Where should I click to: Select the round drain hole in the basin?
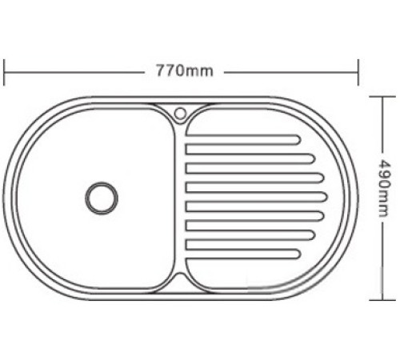point(102,197)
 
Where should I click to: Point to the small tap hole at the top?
point(181,112)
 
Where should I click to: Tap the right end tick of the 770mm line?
point(357,70)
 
